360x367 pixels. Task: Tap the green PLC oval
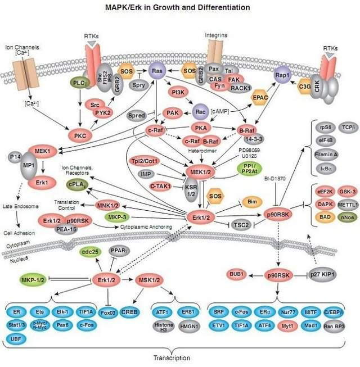pyautogui.click(x=81, y=83)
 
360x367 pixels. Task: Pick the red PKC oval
pyautogui.click(x=80, y=135)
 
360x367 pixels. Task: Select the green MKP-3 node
pyautogui.click(x=118, y=217)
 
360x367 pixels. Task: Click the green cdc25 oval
pyautogui.click(x=91, y=252)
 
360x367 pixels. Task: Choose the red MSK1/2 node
pyautogui.click(x=150, y=278)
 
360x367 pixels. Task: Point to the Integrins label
pyautogui.click(x=218, y=35)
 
